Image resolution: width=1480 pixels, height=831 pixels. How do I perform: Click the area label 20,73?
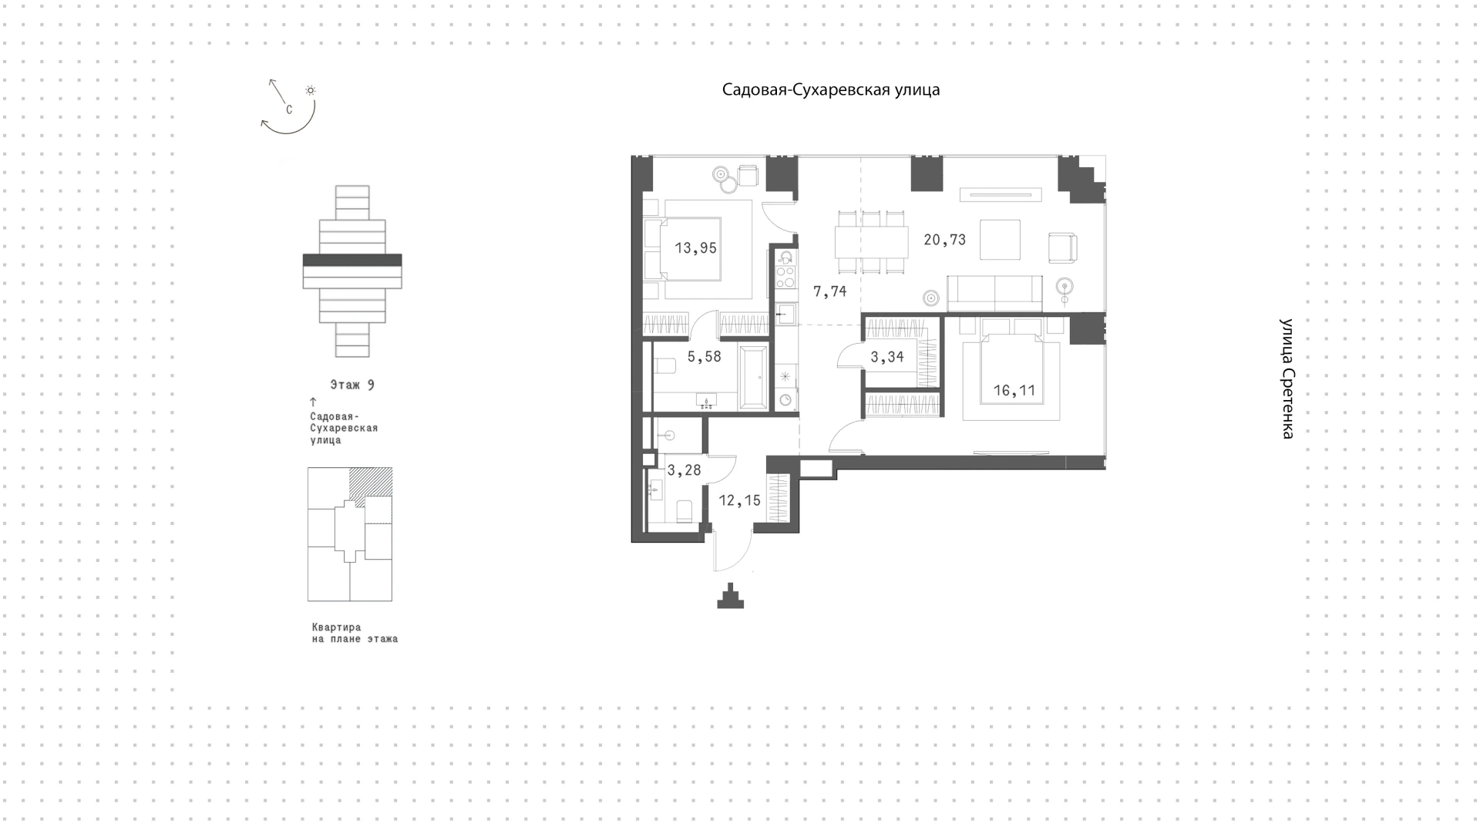[x=944, y=240]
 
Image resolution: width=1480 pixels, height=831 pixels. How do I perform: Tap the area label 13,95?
[x=695, y=248]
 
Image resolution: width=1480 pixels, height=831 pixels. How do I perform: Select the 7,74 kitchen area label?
[x=829, y=291]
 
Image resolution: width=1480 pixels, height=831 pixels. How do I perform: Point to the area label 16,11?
[x=1014, y=391]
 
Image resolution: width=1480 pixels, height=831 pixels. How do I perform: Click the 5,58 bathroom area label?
[x=704, y=357]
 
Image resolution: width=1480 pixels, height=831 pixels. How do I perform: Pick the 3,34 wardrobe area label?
[x=886, y=357]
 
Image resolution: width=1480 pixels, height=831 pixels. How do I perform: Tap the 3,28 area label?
[x=684, y=470]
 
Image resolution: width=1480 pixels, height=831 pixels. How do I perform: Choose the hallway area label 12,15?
[x=739, y=501]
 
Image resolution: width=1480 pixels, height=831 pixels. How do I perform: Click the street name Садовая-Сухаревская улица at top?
[x=831, y=89]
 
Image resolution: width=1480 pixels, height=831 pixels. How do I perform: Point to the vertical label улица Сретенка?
[x=1287, y=378]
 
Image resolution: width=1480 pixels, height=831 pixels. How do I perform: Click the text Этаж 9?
[x=352, y=385]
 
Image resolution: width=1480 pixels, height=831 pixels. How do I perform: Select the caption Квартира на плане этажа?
[x=355, y=633]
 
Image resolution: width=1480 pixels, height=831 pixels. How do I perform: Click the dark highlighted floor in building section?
[x=352, y=261]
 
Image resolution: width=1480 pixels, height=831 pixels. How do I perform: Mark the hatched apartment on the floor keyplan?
[x=371, y=486]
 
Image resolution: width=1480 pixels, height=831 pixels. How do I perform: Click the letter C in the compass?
[x=289, y=109]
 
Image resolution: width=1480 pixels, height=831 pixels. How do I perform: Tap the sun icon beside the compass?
[x=311, y=90]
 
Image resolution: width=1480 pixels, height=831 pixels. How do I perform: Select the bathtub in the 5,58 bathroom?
[x=753, y=377]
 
